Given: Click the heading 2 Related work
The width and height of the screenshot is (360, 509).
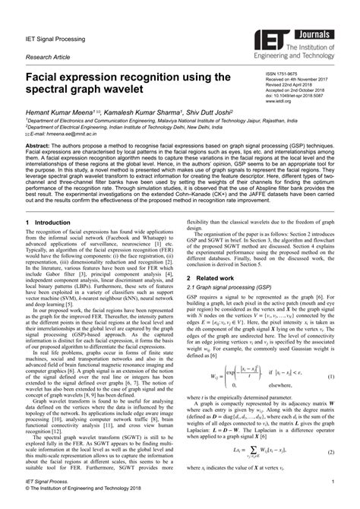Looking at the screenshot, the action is click(x=208, y=279).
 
